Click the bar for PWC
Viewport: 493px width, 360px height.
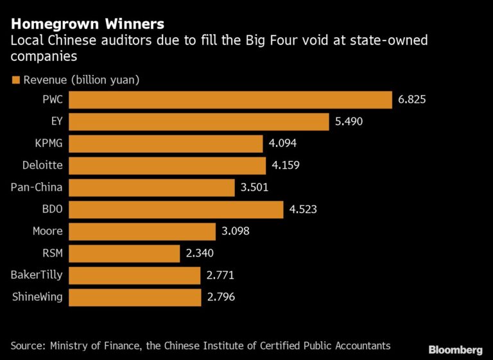(x=230, y=100)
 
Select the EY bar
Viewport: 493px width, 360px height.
(x=198, y=122)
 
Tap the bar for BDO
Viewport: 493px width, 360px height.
(x=175, y=209)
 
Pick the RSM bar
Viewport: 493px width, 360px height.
(x=124, y=253)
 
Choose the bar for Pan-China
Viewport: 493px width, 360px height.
(x=151, y=187)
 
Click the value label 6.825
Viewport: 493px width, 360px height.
(x=412, y=100)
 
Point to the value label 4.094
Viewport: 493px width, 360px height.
(x=283, y=144)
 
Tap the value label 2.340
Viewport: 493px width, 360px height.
(x=200, y=253)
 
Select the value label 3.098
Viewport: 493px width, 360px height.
(x=236, y=232)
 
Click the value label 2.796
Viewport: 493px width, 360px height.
(x=221, y=297)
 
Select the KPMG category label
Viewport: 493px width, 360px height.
(x=48, y=144)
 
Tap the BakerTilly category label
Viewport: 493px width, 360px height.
(x=37, y=275)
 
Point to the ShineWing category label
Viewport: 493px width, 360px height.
(x=37, y=297)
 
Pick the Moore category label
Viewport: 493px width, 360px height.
(x=48, y=232)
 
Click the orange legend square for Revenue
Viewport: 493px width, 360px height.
(x=15, y=80)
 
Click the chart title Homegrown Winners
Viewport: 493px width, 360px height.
(x=87, y=24)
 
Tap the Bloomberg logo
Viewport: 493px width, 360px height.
(x=455, y=350)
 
